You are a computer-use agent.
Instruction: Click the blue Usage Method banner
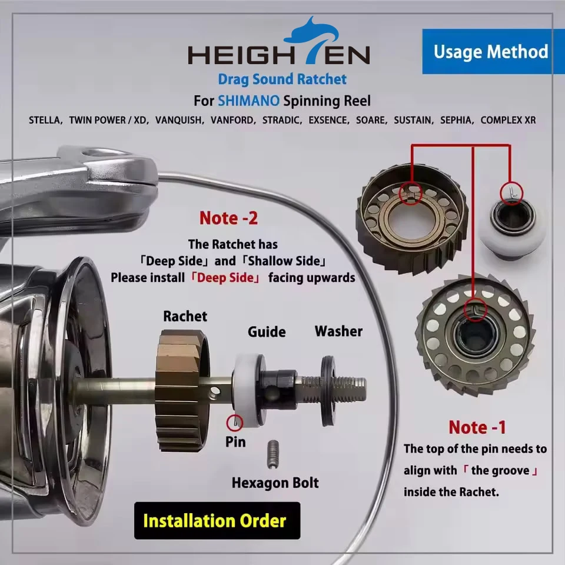(x=491, y=52)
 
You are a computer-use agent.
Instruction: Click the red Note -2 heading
(x=228, y=218)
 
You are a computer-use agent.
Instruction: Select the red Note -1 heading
(x=477, y=427)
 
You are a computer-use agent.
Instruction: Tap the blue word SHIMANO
(x=249, y=100)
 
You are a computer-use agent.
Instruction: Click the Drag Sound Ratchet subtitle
(x=282, y=79)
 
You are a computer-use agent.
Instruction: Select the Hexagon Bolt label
(x=275, y=483)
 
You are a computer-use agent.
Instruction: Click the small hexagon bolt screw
(x=272, y=454)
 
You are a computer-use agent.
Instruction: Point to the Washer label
(x=338, y=331)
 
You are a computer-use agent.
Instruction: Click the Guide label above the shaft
(x=267, y=331)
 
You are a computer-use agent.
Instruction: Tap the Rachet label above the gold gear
(x=185, y=316)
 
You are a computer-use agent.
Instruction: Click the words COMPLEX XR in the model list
(x=508, y=120)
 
